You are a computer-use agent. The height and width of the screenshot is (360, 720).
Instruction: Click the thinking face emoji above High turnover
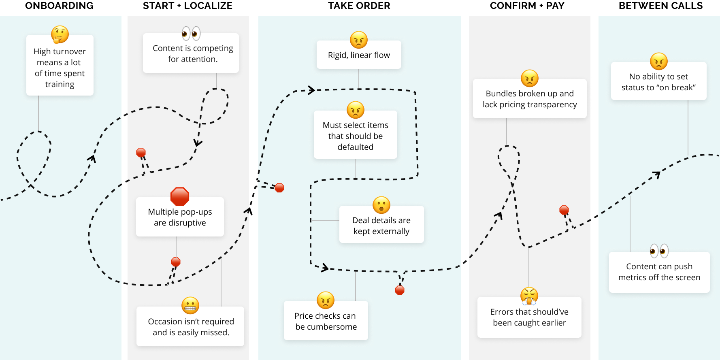pyautogui.click(x=60, y=34)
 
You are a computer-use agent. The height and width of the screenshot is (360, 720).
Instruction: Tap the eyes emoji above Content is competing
pyautogui.click(x=191, y=34)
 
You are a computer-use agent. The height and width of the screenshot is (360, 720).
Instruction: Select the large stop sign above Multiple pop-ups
pyautogui.click(x=180, y=196)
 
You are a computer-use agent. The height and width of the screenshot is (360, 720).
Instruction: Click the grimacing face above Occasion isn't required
pyautogui.click(x=190, y=306)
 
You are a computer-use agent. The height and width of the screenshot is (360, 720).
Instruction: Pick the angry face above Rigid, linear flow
pyautogui.click(x=359, y=40)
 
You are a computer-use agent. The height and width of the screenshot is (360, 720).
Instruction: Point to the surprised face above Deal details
pyautogui.click(x=381, y=205)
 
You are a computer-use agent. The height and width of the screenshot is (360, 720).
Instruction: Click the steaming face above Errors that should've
pyautogui.click(x=529, y=296)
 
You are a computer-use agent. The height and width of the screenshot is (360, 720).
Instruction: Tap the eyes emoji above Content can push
pyautogui.click(x=659, y=251)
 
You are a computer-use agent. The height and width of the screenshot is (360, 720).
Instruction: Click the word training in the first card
pyautogui.click(x=60, y=84)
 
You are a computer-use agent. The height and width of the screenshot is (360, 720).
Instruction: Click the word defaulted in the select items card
pyautogui.click(x=356, y=147)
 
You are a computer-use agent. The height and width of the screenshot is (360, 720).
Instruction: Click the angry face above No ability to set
pyautogui.click(x=659, y=62)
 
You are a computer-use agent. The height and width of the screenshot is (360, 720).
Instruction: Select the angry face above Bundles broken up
pyautogui.click(x=530, y=79)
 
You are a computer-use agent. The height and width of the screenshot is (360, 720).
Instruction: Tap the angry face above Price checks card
pyautogui.click(x=326, y=300)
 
